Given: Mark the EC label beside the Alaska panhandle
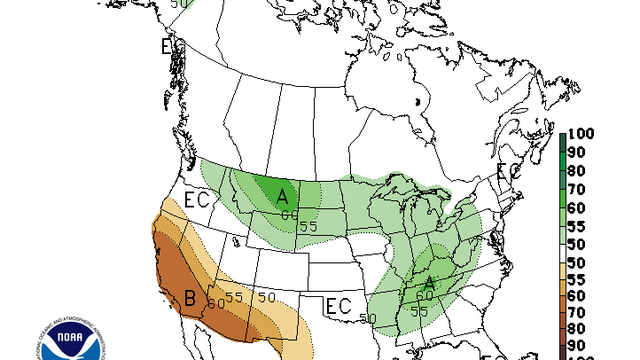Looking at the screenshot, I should tap(172, 47).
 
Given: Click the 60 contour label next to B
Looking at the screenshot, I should tap(216, 303).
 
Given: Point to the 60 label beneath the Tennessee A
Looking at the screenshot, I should tap(425, 297).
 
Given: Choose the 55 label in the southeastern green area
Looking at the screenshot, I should tap(421, 312).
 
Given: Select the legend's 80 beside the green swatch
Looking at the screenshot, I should tap(577, 171).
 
